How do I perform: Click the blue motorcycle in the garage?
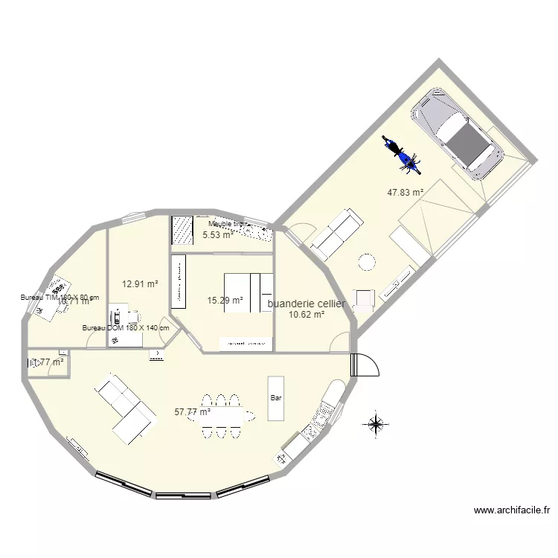[x=400, y=153]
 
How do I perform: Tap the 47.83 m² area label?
[x=405, y=192]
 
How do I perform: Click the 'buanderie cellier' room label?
[x=306, y=304]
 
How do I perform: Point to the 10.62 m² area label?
[x=306, y=315]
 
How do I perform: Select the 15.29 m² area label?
[x=225, y=301]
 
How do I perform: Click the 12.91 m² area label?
[x=140, y=283]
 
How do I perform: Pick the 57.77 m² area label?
[x=192, y=411]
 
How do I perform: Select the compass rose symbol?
[x=375, y=424]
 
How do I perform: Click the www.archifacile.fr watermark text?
[x=511, y=510]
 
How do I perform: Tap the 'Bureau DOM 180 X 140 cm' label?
[x=126, y=328]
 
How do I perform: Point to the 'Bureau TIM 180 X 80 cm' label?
[x=60, y=297]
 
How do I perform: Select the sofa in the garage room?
[x=337, y=233]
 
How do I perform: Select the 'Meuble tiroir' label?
[x=227, y=223]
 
